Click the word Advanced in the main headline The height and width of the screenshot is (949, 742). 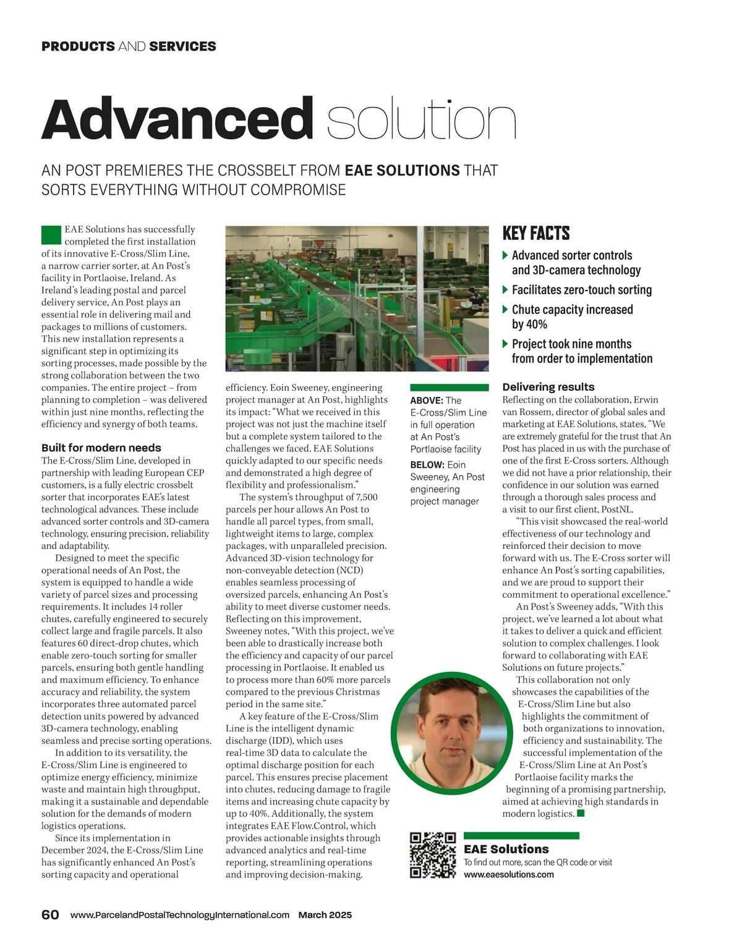(177, 119)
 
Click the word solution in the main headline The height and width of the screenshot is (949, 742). (420, 120)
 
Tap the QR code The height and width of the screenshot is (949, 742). (433, 855)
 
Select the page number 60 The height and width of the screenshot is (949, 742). (50, 915)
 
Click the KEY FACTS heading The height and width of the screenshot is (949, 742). (536, 233)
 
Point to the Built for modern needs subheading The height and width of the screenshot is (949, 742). (101, 448)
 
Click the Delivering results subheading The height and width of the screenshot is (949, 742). (548, 387)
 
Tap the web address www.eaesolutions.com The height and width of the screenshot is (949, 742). (508, 875)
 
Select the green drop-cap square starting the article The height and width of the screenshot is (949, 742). (51, 235)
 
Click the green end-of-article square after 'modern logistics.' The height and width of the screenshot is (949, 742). (581, 813)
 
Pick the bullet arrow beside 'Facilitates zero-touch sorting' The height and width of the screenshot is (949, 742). (506, 289)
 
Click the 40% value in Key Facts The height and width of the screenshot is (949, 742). (529, 324)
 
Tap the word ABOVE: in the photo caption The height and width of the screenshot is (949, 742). (427, 401)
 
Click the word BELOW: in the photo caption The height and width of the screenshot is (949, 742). (427, 465)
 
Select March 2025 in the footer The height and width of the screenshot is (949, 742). (325, 915)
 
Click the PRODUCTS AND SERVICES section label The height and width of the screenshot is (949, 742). (129, 46)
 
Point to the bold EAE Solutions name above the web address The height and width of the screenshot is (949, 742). (506, 849)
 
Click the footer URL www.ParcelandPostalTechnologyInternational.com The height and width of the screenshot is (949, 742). (179, 915)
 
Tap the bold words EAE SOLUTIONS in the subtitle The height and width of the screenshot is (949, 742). (402, 171)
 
